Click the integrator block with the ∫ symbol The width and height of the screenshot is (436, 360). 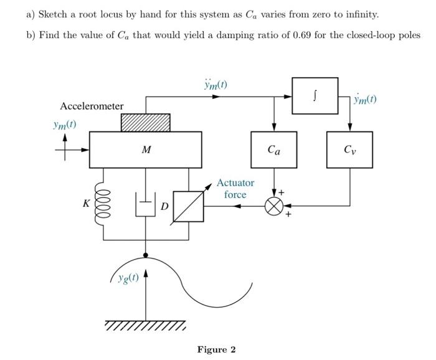[315, 96]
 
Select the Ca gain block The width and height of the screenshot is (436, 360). [274, 149]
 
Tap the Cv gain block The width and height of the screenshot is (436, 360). [349, 149]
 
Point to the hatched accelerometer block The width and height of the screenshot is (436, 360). [145, 122]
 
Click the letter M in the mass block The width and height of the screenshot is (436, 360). [146, 150]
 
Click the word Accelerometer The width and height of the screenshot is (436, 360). [92, 107]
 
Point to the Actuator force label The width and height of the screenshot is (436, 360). [235, 189]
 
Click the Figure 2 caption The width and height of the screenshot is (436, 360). [216, 349]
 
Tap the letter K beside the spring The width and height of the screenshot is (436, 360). [87, 203]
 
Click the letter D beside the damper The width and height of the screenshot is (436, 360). [164, 205]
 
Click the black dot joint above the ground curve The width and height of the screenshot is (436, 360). [146, 255]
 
